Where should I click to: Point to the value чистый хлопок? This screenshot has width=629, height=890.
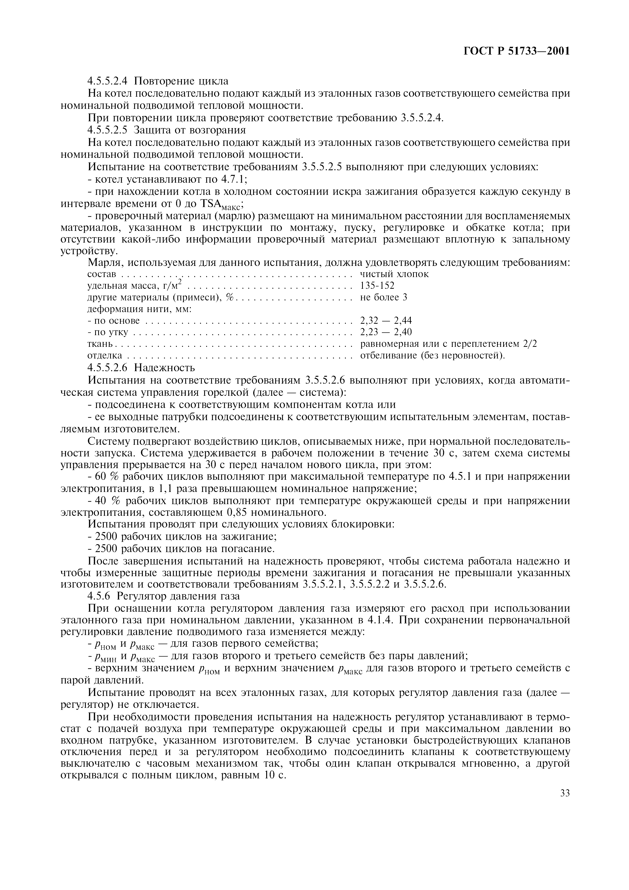pyautogui.click(x=395, y=274)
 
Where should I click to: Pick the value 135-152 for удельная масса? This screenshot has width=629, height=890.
pyautogui.click(x=377, y=286)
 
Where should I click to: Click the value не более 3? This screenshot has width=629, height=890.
pyautogui.click(x=383, y=297)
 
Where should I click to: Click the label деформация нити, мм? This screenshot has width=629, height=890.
pyautogui.click(x=140, y=309)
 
